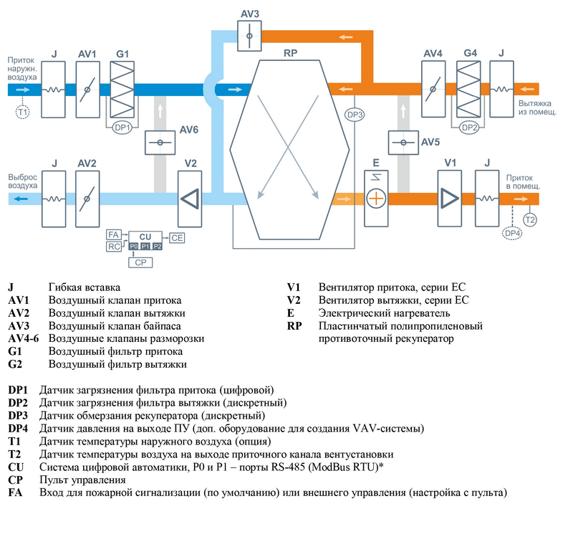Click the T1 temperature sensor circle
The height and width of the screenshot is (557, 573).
click(x=23, y=112)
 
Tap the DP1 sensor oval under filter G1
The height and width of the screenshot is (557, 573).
click(x=122, y=128)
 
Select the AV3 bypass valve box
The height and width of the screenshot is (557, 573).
click(x=249, y=35)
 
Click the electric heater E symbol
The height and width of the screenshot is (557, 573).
click(x=376, y=199)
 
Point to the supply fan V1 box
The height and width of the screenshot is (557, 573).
click(x=450, y=199)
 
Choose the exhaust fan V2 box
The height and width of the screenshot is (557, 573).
click(x=190, y=199)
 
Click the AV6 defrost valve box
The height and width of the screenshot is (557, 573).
click(x=160, y=143)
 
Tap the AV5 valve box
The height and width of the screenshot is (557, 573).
click(x=403, y=143)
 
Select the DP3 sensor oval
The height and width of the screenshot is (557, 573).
click(x=355, y=115)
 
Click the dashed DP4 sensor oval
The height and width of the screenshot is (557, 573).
click(x=512, y=233)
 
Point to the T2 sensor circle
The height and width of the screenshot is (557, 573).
click(x=529, y=220)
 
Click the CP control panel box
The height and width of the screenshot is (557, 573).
click(x=140, y=262)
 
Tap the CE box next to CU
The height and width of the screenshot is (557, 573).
click(x=177, y=238)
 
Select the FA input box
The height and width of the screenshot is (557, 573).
click(x=113, y=234)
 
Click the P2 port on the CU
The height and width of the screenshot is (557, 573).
click(x=157, y=247)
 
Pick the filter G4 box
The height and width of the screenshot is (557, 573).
click(x=468, y=89)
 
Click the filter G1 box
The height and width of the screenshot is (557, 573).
click(x=122, y=89)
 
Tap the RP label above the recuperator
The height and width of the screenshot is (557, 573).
click(x=291, y=53)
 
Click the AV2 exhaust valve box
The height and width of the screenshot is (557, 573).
click(x=87, y=199)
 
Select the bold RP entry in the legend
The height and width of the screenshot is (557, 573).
click(x=294, y=326)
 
